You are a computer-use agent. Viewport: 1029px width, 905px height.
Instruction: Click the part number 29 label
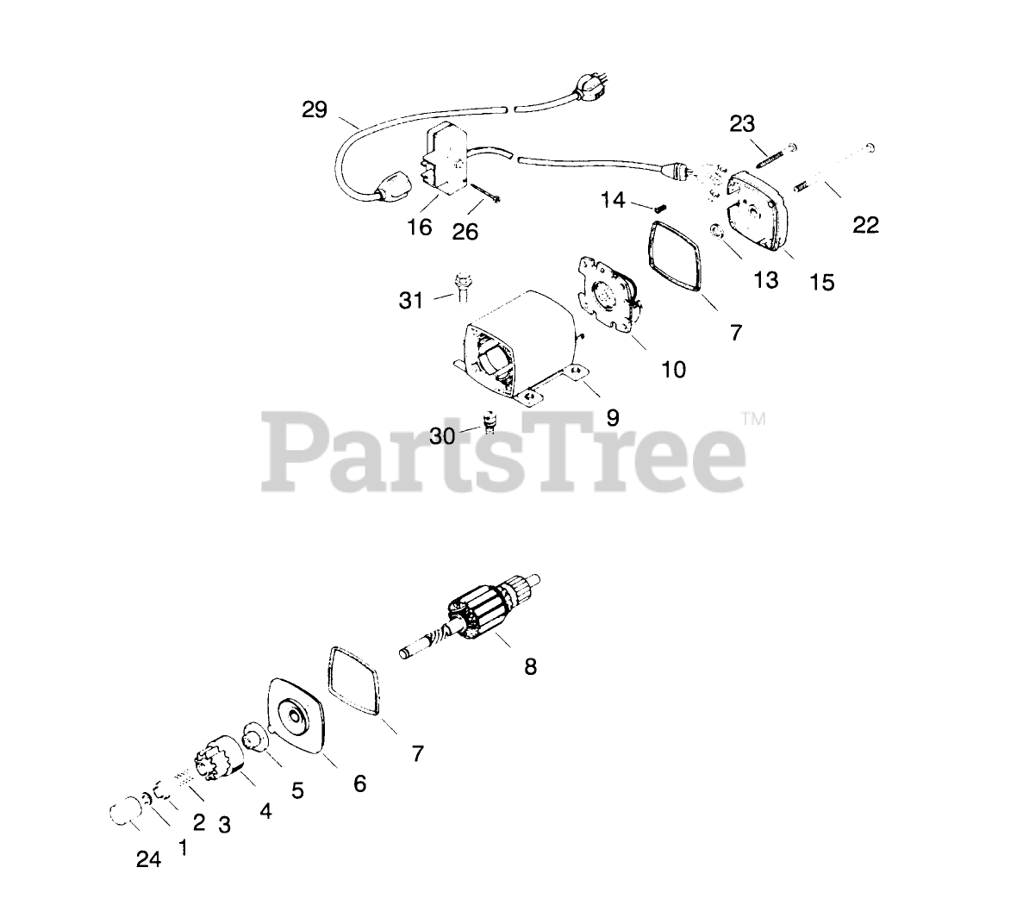(315, 110)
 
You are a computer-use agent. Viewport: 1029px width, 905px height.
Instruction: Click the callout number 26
(465, 230)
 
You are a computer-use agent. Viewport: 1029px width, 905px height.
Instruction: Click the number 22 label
(865, 225)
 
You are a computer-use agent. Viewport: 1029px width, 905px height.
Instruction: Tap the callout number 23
(742, 124)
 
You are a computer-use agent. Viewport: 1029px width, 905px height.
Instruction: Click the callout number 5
(297, 790)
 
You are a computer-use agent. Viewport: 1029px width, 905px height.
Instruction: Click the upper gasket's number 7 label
(735, 332)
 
